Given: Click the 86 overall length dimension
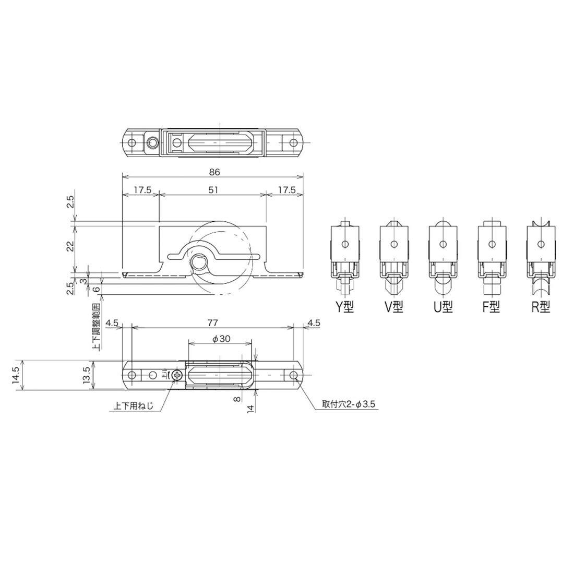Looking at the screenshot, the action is coord(215,171).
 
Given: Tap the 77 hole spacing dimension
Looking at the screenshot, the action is coord(213,322).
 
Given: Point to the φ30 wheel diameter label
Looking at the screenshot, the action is coord(221,339).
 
